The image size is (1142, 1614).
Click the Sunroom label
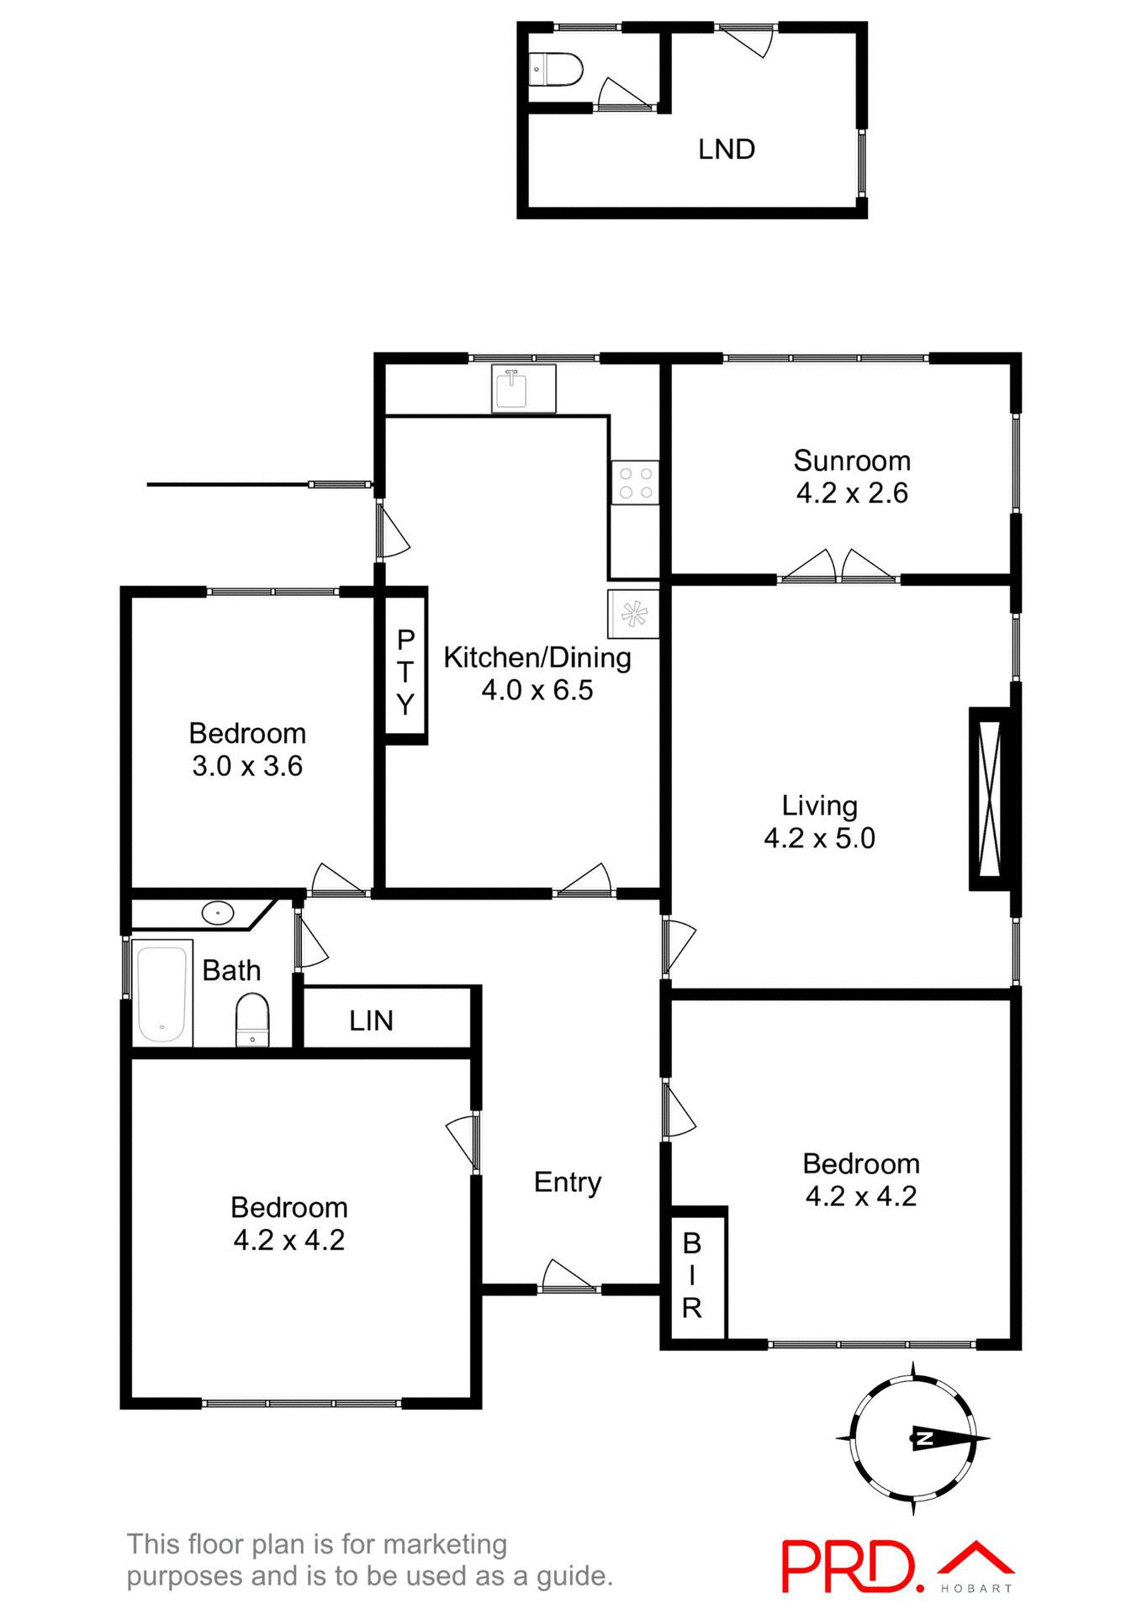tap(852, 461)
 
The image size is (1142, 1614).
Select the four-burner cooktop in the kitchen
tap(635, 483)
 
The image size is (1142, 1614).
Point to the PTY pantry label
tap(405, 672)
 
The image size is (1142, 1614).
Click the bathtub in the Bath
tap(161, 993)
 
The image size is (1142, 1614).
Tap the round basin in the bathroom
tap(218, 912)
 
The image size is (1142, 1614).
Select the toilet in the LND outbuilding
tap(555, 70)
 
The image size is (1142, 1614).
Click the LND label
tap(727, 150)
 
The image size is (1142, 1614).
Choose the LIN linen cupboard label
tap(371, 1021)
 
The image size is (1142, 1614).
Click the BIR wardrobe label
tap(691, 1274)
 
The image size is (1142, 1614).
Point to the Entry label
tap(568, 1182)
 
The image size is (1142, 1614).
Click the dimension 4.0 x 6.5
tap(537, 690)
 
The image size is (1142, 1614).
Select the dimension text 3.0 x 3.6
tap(247, 766)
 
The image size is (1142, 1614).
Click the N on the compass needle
tap(923, 1438)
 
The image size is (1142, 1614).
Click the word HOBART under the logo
tap(976, 1589)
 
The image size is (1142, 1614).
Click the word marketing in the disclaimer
tap(446, 1545)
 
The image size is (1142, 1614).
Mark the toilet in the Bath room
tap(252, 1019)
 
